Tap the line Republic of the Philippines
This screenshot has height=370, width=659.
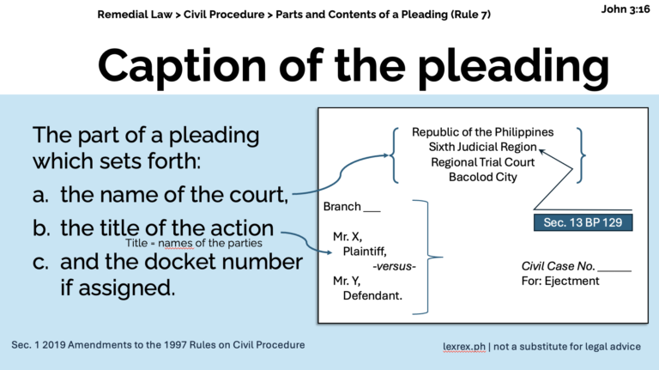pyautogui.click(x=482, y=132)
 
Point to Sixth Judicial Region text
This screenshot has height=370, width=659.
pyautogui.click(x=482, y=147)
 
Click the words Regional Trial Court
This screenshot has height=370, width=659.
pyautogui.click(x=482, y=162)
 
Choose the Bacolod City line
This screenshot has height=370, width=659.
pyautogui.click(x=482, y=177)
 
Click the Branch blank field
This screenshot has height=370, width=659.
pyautogui.click(x=372, y=207)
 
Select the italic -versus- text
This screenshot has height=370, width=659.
pyautogui.click(x=394, y=266)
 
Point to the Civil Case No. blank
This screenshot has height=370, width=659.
pyautogui.click(x=613, y=266)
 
